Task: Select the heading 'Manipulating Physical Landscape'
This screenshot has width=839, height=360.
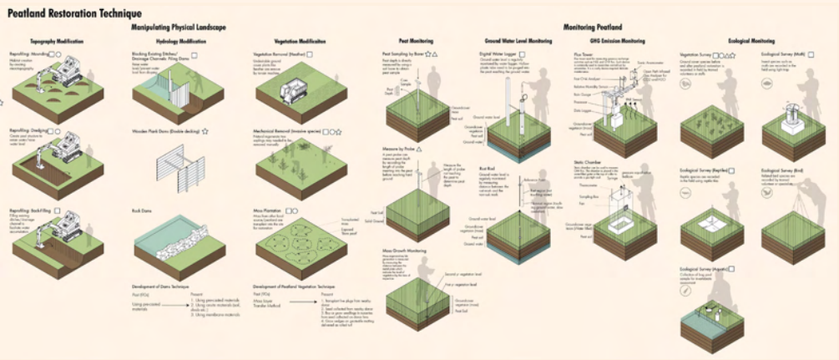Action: [179, 27]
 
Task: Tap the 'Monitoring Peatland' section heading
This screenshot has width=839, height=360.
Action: [592, 27]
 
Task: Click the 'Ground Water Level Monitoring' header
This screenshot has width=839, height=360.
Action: [518, 41]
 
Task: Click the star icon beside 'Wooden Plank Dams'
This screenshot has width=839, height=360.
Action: [205, 131]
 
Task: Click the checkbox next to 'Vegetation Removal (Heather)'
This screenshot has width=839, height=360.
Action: [310, 53]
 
